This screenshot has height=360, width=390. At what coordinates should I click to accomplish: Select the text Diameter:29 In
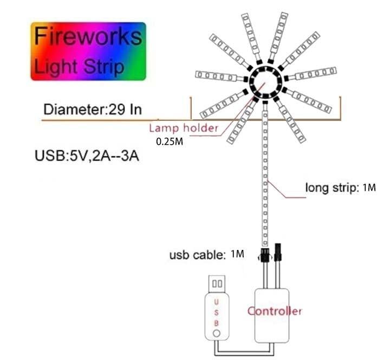[93, 108]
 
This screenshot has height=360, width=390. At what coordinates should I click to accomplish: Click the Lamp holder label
[183, 128]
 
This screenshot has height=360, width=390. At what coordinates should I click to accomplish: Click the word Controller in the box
[274, 311]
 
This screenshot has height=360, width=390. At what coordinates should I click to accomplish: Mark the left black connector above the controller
[265, 254]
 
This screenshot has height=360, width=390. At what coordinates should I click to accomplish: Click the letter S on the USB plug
[217, 312]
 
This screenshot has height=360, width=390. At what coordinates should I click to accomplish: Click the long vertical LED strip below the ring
[265, 173]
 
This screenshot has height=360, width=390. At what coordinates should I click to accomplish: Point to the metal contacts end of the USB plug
[217, 283]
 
